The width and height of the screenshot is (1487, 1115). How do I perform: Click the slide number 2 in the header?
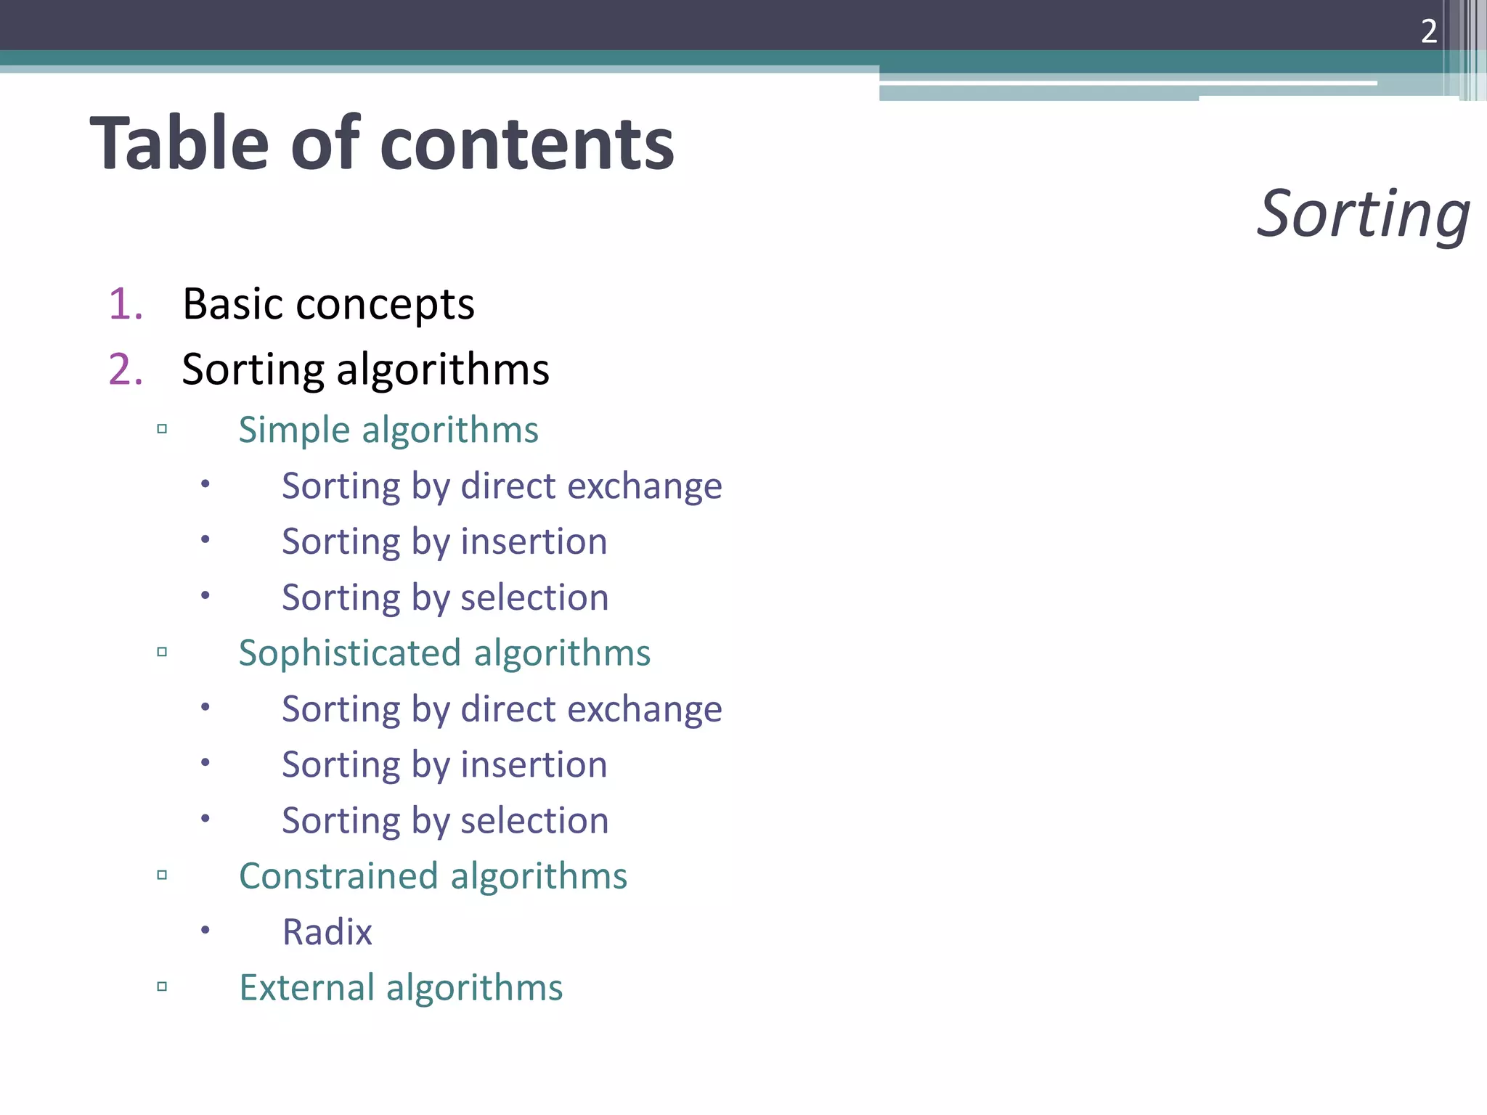(1428, 31)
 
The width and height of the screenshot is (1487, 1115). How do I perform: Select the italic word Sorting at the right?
(1363, 213)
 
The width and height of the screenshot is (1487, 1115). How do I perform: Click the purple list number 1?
(124, 303)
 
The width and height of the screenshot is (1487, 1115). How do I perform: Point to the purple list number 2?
(125, 369)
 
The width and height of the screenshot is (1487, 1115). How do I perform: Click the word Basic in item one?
(232, 303)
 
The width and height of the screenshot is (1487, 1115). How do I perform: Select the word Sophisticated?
(350, 653)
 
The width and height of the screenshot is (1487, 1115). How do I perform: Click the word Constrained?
(338, 876)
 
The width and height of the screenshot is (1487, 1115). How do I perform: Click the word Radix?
(327, 932)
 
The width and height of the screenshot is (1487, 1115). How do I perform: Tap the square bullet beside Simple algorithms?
(162, 429)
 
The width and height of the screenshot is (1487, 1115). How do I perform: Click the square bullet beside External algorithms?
(162, 987)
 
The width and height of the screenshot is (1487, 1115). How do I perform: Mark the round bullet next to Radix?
(205, 929)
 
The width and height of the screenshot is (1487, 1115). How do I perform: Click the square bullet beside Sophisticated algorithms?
(162, 652)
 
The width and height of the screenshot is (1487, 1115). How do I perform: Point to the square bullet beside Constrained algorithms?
(162, 875)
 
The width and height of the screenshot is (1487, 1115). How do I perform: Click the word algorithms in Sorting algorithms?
(443, 370)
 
